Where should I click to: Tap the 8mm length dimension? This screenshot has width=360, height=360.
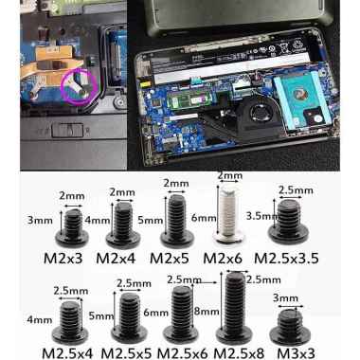pos(207,312)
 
